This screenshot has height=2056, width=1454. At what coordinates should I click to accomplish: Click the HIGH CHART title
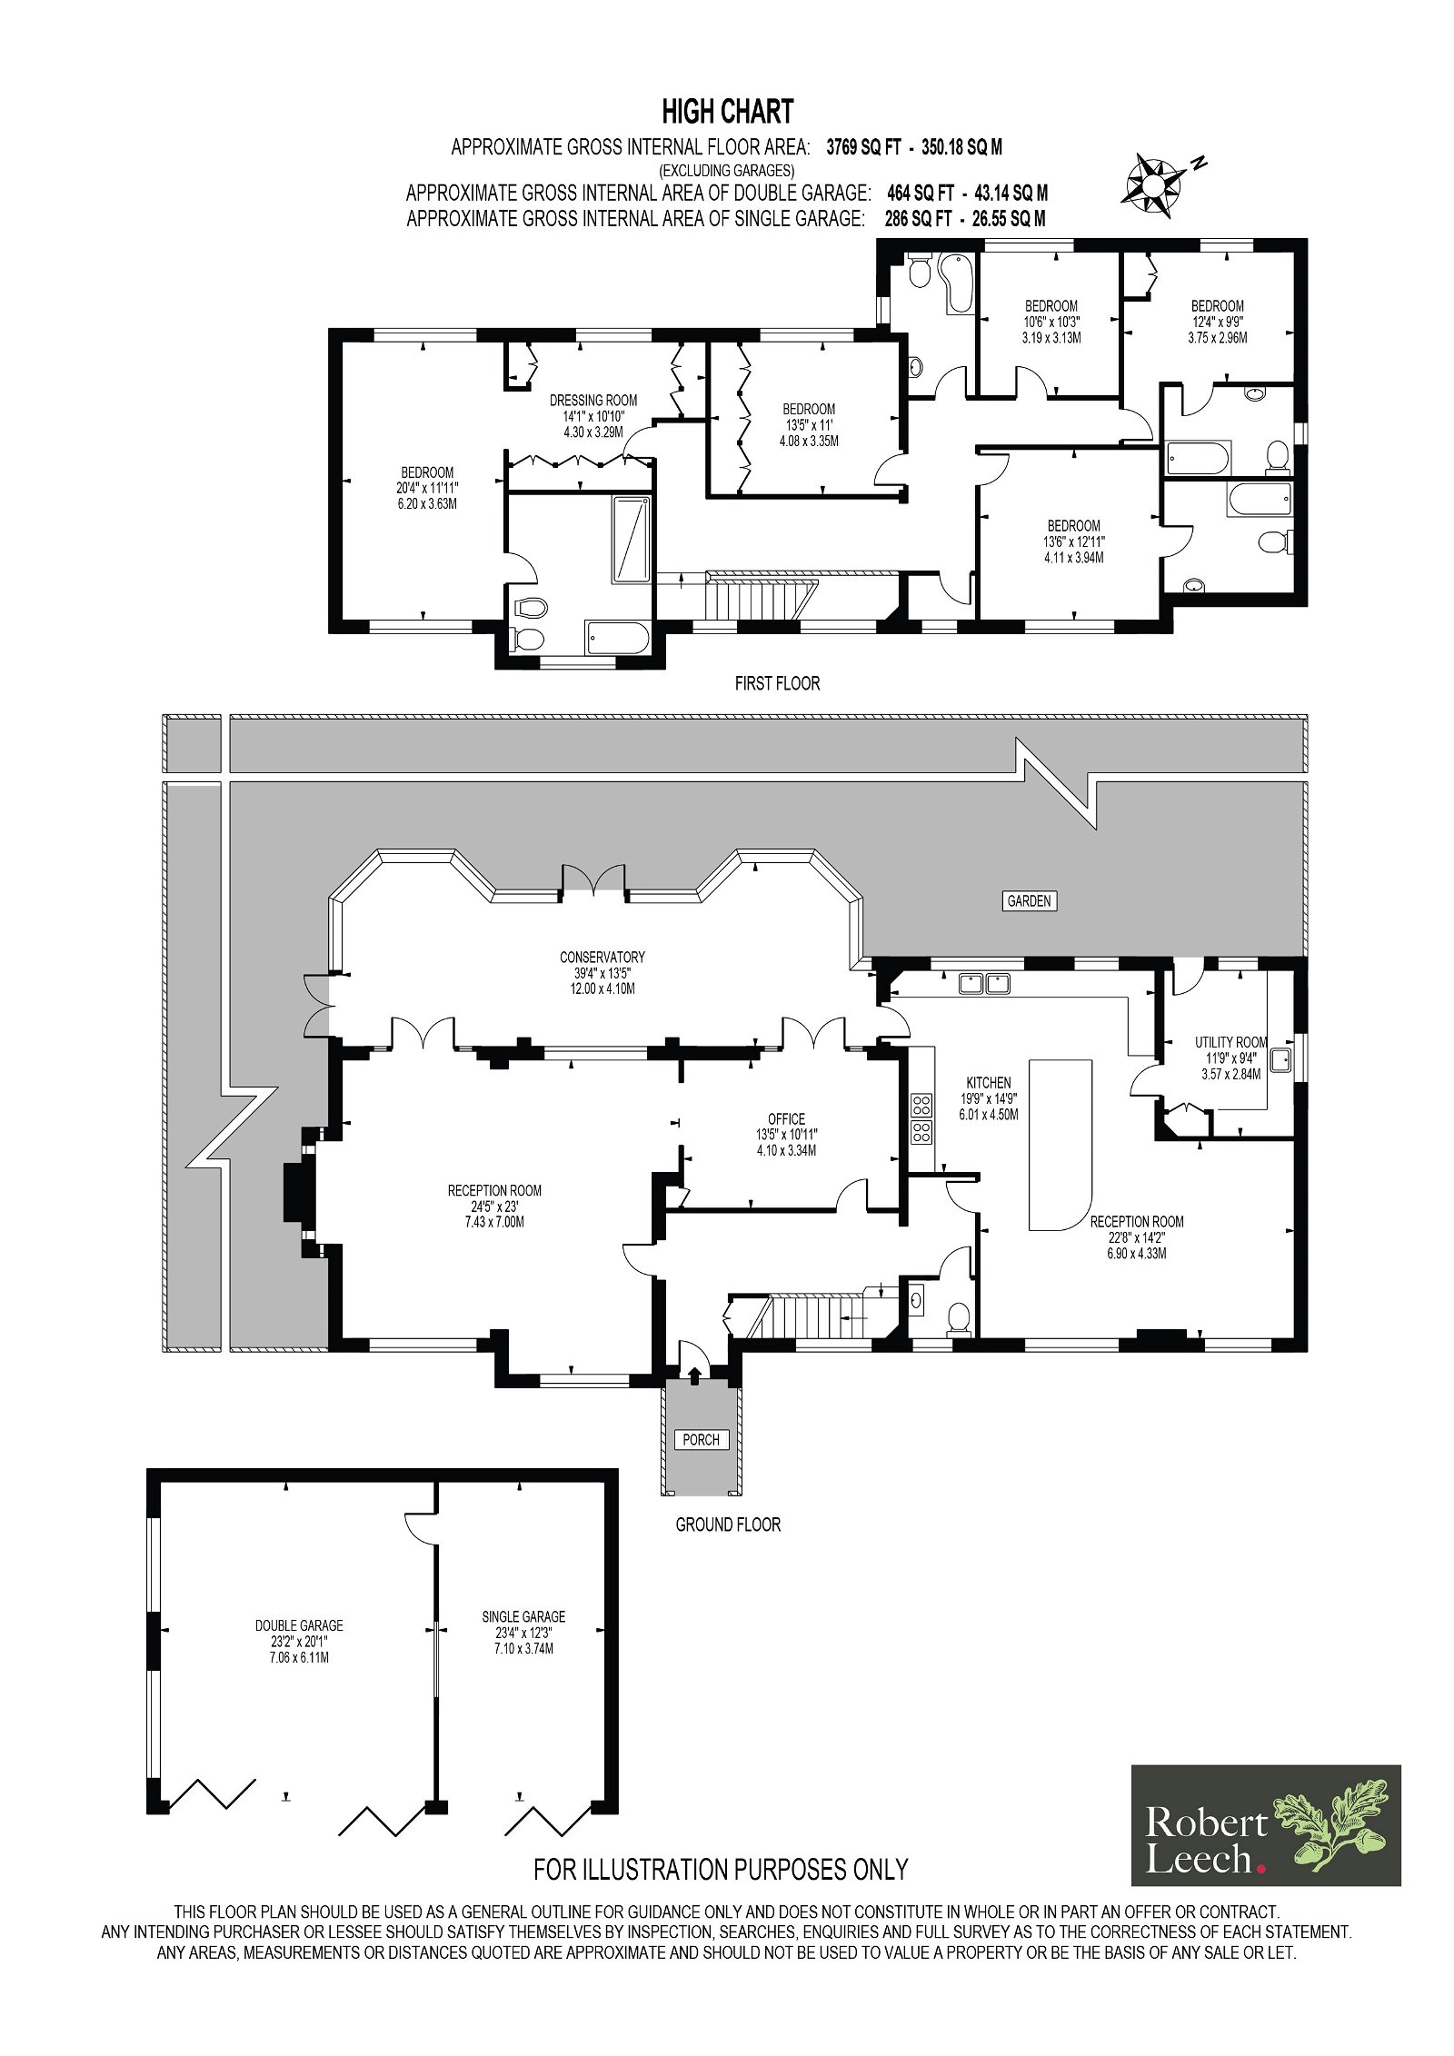point(727,112)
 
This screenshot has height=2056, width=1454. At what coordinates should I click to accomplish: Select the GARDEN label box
point(1029,901)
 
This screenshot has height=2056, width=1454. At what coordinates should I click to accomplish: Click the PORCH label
point(702,1439)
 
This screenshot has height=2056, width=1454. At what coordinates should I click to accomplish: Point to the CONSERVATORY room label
point(602,957)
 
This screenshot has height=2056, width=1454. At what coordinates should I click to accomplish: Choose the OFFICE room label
point(786,1119)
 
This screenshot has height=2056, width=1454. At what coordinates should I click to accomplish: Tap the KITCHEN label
point(988,1082)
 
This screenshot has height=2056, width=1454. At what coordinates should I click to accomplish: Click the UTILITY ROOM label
point(1230,1042)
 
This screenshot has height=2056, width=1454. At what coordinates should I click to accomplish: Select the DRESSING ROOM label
point(593,400)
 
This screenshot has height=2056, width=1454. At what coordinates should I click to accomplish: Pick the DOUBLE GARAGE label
point(299,1625)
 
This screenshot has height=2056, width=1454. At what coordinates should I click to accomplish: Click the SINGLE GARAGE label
point(523,1616)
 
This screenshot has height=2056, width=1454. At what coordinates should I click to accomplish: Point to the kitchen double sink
point(985,982)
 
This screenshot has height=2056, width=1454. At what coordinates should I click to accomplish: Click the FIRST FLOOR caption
point(777,683)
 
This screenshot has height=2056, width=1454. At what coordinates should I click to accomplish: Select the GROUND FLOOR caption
point(728,1525)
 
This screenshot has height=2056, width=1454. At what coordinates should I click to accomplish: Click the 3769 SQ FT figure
point(862,147)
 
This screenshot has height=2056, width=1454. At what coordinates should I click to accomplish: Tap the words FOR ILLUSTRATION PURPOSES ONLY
point(721,1869)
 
